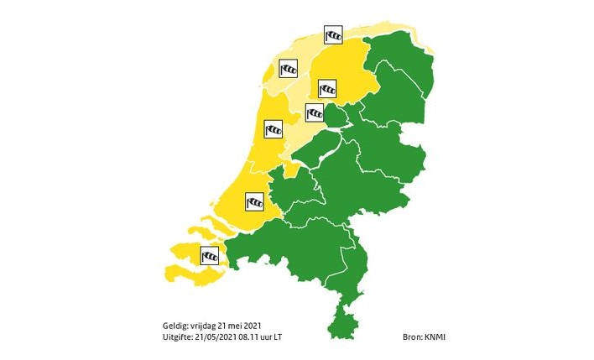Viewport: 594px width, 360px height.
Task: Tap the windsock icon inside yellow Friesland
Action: pos(327,87)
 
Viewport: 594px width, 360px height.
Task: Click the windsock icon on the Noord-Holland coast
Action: pos(274,129)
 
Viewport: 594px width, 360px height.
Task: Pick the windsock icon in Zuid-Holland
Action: pos(254,201)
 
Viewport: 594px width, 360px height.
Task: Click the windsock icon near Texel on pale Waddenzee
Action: pos(289,70)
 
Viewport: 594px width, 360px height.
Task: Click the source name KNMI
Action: pos(435,337)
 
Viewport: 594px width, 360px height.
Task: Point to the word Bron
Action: pos(412,337)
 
